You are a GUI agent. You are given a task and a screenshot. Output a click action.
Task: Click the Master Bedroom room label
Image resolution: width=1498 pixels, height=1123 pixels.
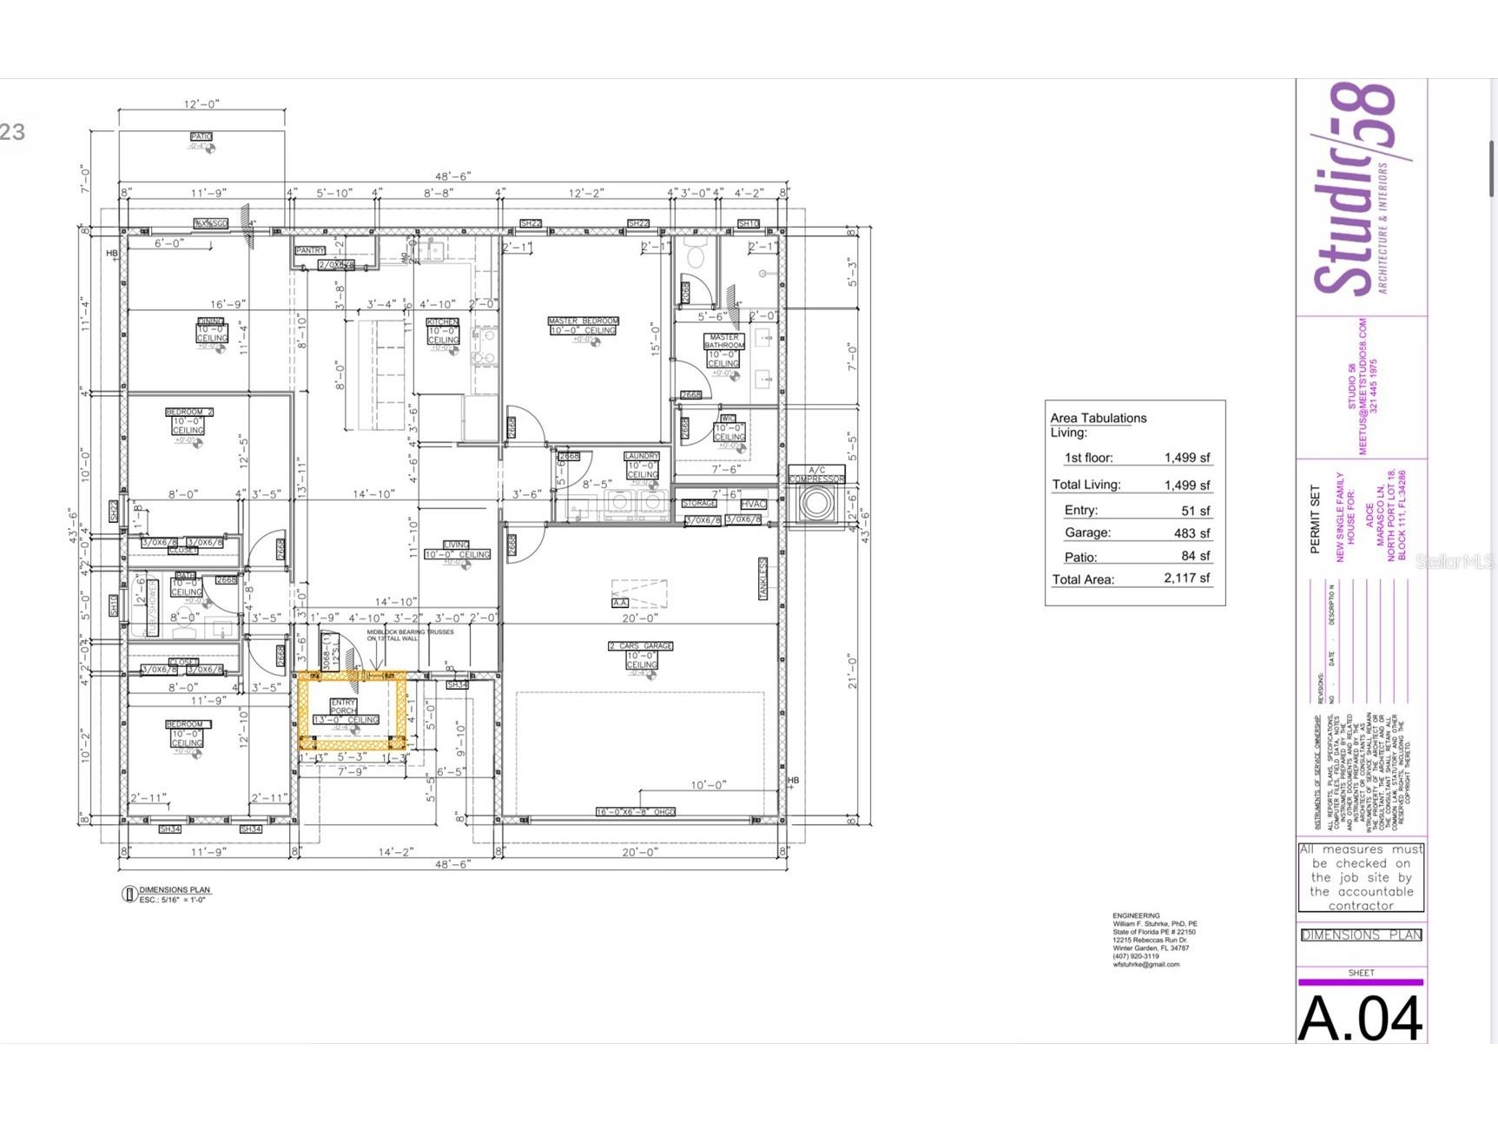(x=583, y=321)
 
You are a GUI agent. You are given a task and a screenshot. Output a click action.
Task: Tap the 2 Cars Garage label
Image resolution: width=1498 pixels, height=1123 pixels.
(x=641, y=646)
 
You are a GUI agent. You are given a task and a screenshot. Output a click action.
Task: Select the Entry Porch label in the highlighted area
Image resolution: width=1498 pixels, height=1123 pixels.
(x=343, y=706)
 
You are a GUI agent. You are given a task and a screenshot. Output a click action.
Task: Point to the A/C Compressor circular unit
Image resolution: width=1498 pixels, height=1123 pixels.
(x=815, y=504)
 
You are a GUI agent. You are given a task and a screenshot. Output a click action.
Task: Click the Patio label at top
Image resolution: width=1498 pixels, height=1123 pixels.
(x=201, y=137)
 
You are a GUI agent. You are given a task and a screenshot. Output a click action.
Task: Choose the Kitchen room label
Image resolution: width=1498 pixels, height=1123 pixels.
(x=442, y=322)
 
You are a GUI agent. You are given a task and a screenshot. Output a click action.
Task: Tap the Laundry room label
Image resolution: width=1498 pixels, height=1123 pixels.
(x=642, y=456)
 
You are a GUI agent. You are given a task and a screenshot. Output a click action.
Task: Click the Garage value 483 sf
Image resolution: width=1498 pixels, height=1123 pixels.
(x=1191, y=533)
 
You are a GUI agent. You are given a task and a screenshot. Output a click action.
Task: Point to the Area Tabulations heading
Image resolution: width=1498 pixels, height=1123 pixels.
(x=1099, y=418)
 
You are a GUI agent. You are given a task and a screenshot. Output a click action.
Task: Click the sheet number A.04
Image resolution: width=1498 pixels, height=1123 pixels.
(x=1360, y=1018)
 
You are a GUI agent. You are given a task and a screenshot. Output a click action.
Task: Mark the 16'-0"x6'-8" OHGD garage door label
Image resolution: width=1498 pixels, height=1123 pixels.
(x=636, y=812)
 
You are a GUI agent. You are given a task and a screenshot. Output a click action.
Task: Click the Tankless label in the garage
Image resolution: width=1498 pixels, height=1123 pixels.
(x=763, y=578)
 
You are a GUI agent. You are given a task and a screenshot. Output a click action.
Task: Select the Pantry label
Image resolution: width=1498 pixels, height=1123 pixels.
(x=310, y=250)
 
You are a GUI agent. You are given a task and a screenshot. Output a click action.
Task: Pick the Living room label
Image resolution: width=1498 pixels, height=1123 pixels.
(x=456, y=545)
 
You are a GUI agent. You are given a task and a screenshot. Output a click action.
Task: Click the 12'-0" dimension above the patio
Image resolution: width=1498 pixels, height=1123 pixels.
(x=201, y=104)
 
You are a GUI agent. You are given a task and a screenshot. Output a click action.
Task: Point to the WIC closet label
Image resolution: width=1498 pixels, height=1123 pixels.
(x=728, y=419)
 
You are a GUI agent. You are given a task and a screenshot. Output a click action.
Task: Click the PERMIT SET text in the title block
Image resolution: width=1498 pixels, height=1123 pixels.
(x=1315, y=519)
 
